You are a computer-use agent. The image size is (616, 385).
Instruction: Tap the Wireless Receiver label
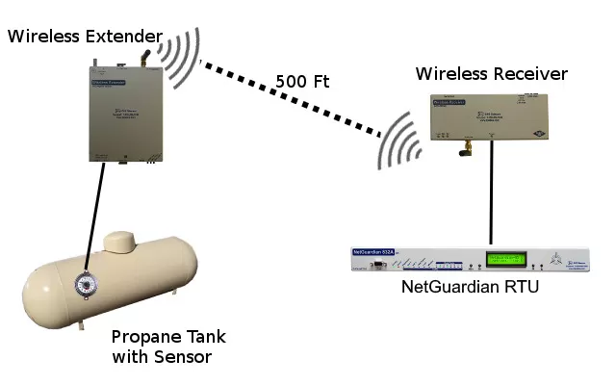coord(491,74)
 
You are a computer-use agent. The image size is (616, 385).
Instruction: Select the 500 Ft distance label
coord(302,82)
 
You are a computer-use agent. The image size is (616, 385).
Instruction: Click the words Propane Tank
coord(167,337)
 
